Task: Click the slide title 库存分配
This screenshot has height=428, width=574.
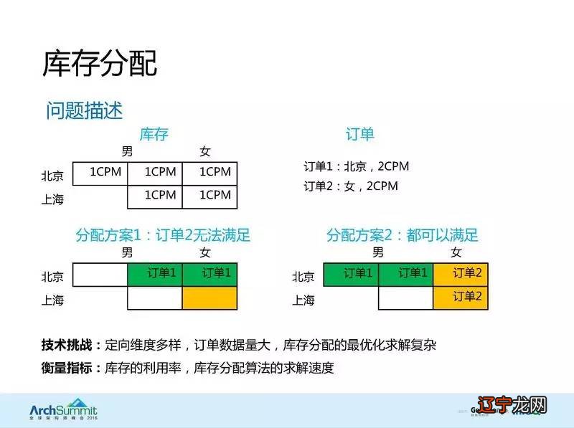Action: [100, 64]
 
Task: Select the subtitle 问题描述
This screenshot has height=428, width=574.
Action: [85, 110]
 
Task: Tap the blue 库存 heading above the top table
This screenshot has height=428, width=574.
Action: [154, 134]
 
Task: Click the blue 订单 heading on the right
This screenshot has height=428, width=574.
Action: [360, 134]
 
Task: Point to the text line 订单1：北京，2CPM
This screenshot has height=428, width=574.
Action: [356, 166]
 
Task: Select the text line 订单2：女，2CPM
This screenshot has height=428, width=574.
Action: [350, 186]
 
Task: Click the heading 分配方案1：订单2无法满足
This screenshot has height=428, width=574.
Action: [163, 235]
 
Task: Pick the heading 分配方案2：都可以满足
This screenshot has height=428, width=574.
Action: [402, 235]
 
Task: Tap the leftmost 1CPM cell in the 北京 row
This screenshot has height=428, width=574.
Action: [100, 173]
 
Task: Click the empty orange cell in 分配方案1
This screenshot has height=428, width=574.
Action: [210, 298]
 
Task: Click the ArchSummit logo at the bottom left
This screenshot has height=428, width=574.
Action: [63, 410]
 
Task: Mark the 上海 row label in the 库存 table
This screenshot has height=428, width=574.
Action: [52, 199]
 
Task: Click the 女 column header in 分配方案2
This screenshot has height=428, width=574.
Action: [456, 252]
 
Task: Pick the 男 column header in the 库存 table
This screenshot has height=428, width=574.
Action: [127, 151]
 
